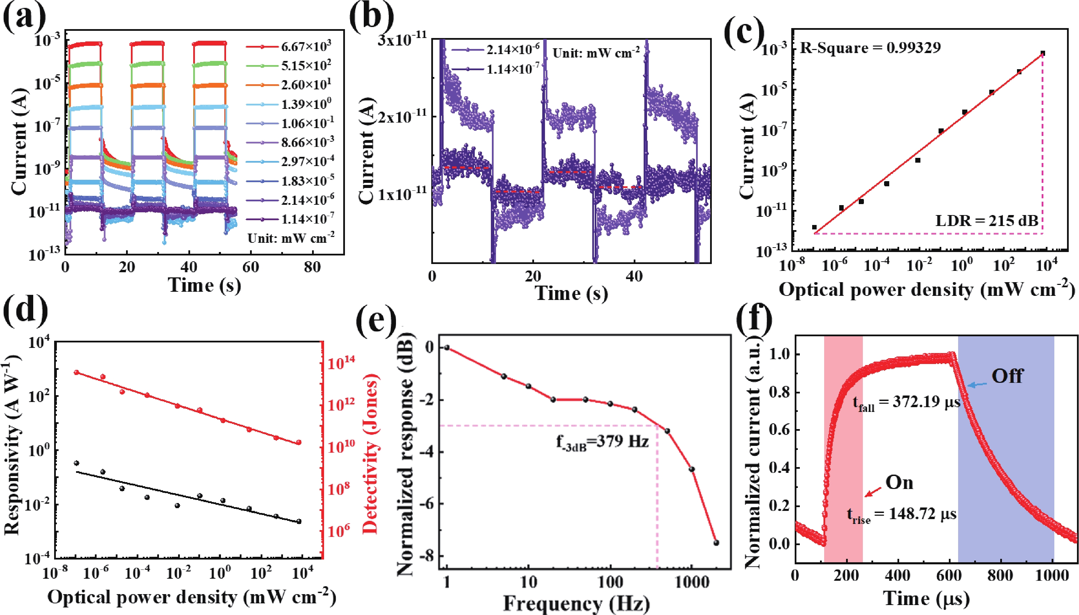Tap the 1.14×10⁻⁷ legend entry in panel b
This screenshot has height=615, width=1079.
(512, 69)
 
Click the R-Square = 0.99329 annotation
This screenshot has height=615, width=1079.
(870, 48)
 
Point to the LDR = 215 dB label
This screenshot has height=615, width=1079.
(987, 221)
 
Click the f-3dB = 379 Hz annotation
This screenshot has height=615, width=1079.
(602, 442)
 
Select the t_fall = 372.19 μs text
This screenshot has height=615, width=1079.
(907, 402)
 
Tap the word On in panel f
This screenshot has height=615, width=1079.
(899, 482)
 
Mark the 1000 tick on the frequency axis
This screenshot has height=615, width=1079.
(691, 582)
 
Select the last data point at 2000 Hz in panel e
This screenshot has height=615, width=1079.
(716, 543)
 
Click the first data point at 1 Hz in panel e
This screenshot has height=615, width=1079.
(447, 348)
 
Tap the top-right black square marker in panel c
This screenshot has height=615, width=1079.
(1043, 53)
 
